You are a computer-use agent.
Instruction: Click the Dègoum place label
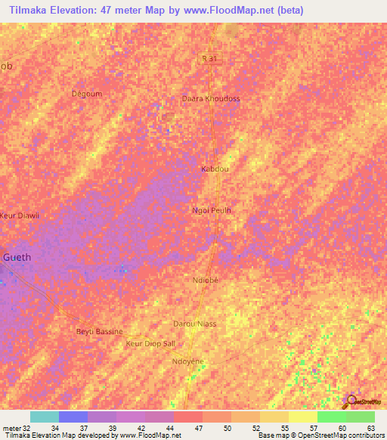(x=86, y=94)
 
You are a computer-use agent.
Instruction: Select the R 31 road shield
(x=210, y=58)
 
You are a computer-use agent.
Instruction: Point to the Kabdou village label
(x=214, y=169)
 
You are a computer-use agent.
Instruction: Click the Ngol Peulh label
(x=212, y=210)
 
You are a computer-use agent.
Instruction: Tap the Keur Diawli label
(x=20, y=215)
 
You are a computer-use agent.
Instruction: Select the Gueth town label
(x=17, y=258)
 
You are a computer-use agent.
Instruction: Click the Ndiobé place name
(x=206, y=279)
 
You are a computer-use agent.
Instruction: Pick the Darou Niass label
(x=195, y=324)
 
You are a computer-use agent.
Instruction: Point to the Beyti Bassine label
(x=98, y=332)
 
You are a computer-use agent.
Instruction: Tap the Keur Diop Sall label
(x=150, y=343)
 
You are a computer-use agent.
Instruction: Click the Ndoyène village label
(x=188, y=361)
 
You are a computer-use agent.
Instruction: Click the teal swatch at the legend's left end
(x=44, y=417)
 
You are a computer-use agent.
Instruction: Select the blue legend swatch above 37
(x=73, y=417)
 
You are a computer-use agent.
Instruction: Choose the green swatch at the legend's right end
(x=360, y=417)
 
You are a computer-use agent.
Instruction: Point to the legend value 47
(x=199, y=429)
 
